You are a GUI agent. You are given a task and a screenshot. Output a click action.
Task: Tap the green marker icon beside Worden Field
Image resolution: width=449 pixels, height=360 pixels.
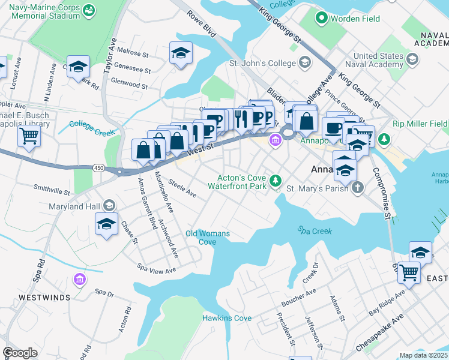coord(321,19)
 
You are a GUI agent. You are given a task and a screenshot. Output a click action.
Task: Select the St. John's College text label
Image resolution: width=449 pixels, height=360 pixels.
coord(262,63)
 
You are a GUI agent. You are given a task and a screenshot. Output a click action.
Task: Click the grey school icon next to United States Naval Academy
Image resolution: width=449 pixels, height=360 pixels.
coord(412,59)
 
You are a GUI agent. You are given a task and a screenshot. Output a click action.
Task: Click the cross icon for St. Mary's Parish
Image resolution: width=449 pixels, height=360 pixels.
coord(358,188)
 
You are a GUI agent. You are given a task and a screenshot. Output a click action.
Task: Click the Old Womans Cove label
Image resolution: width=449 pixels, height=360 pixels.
coord(200,238)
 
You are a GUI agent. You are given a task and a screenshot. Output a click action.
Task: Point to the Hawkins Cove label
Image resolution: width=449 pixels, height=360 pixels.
coord(226,318)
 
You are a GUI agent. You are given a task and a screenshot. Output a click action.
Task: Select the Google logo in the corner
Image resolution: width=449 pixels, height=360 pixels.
coord(20,353)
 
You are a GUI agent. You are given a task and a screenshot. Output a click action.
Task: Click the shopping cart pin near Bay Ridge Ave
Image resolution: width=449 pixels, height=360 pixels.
coord(409,272)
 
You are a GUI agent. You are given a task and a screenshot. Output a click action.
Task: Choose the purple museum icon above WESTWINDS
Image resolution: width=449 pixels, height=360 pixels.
coord(79,279)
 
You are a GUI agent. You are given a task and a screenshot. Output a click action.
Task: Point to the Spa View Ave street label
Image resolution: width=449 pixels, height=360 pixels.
coord(157,268)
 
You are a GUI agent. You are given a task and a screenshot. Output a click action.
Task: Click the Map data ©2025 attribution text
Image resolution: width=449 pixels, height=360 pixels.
coord(423,355)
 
